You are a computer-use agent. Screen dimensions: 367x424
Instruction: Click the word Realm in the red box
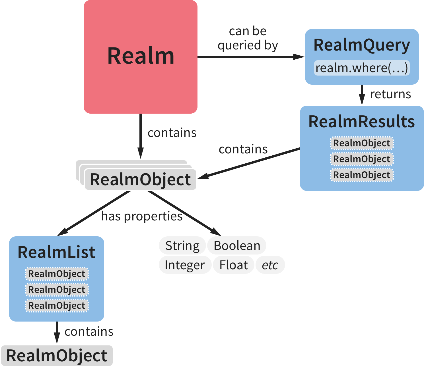[x=141, y=56]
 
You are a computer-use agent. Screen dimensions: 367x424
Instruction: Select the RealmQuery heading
[x=361, y=45]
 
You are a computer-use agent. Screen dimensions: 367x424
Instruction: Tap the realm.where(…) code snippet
[x=362, y=68]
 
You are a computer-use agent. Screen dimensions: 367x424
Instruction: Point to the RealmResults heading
[x=361, y=122]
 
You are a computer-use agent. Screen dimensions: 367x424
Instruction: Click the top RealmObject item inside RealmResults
[x=361, y=143]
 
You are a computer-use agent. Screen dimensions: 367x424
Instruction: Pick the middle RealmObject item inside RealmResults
[x=361, y=159]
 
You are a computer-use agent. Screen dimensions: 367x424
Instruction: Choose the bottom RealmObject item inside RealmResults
[x=361, y=175]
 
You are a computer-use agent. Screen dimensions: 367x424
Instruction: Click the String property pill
[x=182, y=246]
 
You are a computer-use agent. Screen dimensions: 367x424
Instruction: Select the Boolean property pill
[x=237, y=246]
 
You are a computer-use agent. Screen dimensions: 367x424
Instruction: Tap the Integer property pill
[x=185, y=265]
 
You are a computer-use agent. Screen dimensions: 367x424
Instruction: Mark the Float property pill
[x=233, y=265]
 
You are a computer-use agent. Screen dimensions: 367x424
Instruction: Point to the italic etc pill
[x=270, y=265]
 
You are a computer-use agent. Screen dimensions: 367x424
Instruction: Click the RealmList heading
[x=56, y=252]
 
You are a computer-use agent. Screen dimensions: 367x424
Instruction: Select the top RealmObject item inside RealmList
[x=57, y=274]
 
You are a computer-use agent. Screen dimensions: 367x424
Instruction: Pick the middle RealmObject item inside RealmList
[x=57, y=290]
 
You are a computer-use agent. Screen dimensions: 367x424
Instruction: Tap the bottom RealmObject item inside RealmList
[x=57, y=306]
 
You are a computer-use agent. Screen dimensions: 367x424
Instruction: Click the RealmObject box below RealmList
[x=57, y=356]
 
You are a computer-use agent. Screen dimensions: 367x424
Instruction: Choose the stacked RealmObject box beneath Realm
[x=140, y=180]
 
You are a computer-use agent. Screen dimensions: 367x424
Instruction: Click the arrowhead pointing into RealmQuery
[x=299, y=57]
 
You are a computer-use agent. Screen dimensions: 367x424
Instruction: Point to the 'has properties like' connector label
[x=142, y=217]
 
